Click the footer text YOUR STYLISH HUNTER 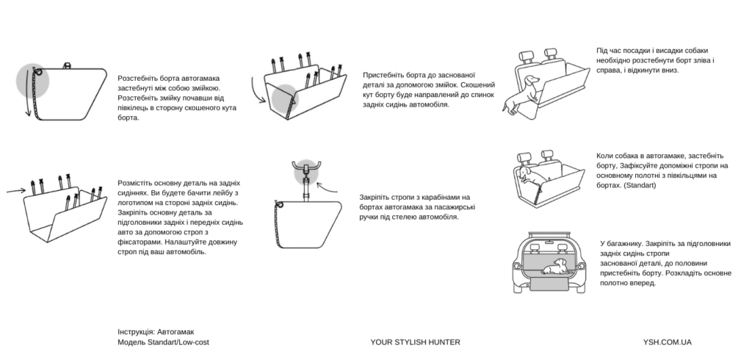click(x=416, y=342)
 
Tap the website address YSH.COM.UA click(x=667, y=342)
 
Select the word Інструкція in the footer click(x=136, y=332)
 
